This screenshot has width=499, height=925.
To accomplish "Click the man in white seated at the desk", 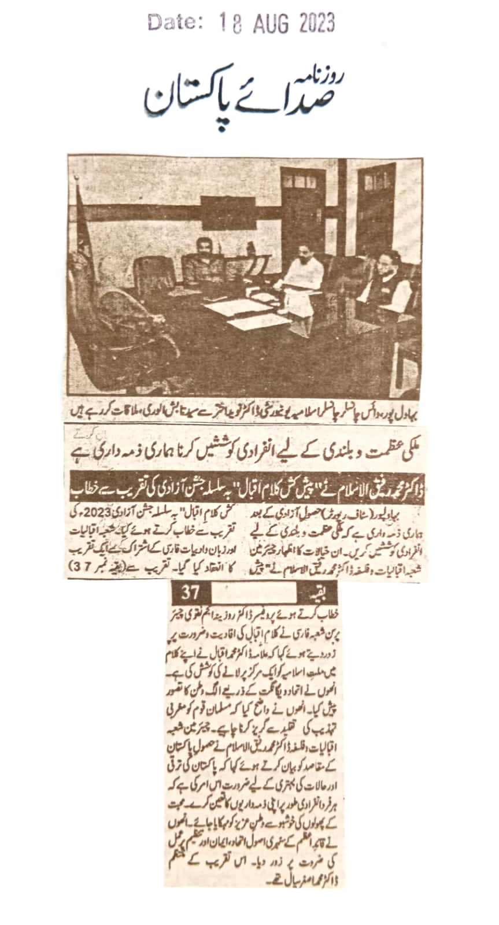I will [x=301, y=283].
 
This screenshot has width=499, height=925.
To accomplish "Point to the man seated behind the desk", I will [x=203, y=260].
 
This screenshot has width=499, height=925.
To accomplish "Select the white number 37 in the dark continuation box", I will [x=190, y=592].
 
